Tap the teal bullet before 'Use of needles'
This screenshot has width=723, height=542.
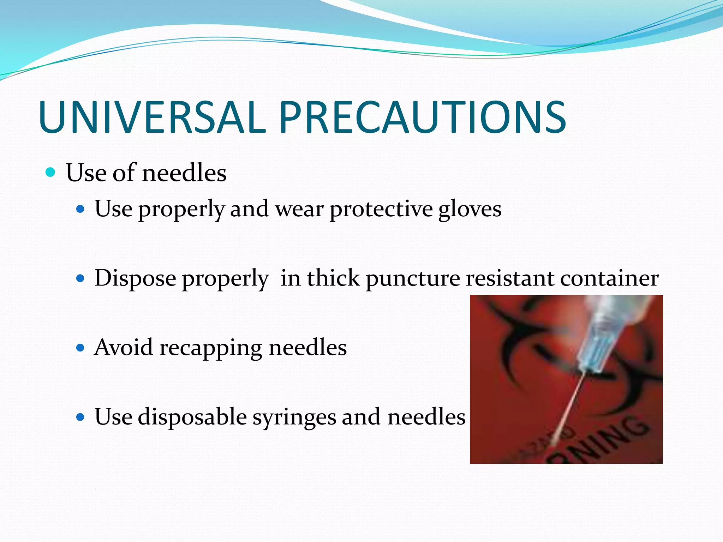pyautogui.click(x=51, y=173)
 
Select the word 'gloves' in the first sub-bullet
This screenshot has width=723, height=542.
pyautogui.click(x=470, y=209)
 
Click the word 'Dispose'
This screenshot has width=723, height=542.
pyautogui.click(x=135, y=278)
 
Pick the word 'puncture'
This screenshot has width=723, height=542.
pyautogui.click(x=413, y=278)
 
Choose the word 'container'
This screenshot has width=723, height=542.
pyautogui.click(x=609, y=278)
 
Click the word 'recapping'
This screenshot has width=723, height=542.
pyautogui.click(x=211, y=348)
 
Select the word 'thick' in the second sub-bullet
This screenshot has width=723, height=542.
pyautogui.click(x=333, y=278)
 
